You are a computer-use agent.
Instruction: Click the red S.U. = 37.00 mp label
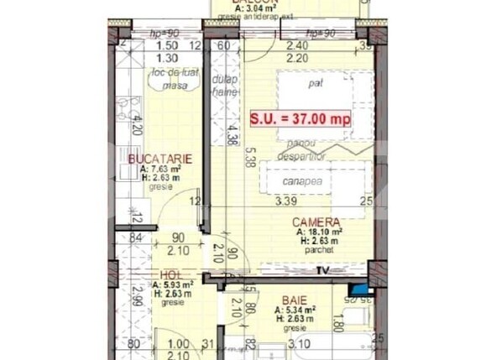coord(300,118)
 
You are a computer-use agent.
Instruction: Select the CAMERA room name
coord(316,222)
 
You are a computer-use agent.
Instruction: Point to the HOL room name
coord(171,275)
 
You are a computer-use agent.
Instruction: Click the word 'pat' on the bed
coord(316,84)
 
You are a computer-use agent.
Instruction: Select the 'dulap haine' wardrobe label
coord(225,85)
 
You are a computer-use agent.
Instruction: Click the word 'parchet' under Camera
coord(317,249)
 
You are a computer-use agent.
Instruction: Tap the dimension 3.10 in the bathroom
coord(298,342)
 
